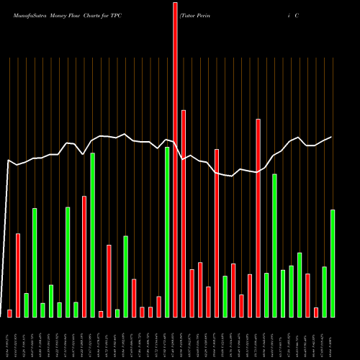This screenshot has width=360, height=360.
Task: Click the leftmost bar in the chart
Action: coord(10,313)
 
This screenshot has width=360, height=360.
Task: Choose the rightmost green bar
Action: coord(333,263)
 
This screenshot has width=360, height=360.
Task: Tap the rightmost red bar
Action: coord(316,312)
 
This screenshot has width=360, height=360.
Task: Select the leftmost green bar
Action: coord(27,305)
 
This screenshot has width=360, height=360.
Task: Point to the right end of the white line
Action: coord(331,137)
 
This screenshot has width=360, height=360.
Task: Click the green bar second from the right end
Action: coord(325,292)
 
